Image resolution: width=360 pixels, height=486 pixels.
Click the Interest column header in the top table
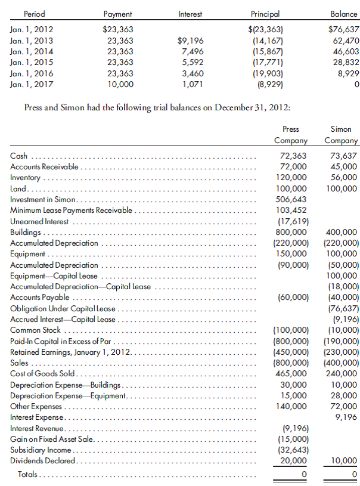point(190,13)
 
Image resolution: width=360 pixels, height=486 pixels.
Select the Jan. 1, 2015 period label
point(31,61)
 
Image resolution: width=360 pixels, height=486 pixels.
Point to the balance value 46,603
point(345,51)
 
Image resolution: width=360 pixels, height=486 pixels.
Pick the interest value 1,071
point(193,84)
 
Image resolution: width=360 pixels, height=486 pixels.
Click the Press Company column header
point(290,135)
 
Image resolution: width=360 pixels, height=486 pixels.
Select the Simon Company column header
point(341,135)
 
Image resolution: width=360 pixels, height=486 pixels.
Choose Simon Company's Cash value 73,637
point(343,156)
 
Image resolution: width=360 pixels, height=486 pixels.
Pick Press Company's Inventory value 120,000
point(293,178)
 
